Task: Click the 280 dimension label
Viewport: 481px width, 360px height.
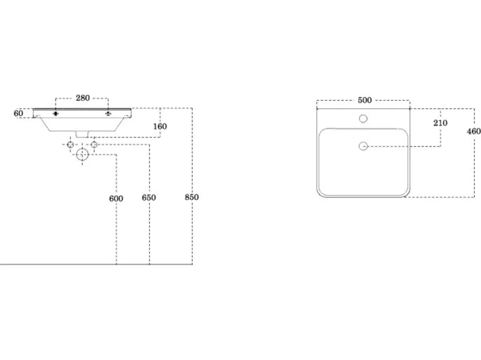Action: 83,98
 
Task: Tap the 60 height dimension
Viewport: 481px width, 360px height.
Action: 18,113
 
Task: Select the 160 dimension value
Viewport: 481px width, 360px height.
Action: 160,126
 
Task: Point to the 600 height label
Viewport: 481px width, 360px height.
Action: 116,199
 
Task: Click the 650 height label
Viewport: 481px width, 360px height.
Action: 149,198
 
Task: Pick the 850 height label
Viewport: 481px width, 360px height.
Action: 192,197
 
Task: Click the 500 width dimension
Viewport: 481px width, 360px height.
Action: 365,100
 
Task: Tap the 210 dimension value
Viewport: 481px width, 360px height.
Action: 440,123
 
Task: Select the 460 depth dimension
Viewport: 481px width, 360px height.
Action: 474,131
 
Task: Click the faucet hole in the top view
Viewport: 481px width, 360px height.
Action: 363,119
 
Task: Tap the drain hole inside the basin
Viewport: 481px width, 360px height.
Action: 363,146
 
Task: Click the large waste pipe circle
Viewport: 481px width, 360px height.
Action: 82,155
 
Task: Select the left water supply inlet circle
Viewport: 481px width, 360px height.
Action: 70,145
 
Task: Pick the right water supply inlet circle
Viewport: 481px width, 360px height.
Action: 94,145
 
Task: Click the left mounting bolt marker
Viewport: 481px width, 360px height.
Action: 56,114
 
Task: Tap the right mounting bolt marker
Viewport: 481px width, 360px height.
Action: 108,114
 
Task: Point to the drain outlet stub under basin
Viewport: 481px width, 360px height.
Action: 82,134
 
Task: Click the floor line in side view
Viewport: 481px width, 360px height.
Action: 96,264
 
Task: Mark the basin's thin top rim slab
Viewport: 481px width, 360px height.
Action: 82,109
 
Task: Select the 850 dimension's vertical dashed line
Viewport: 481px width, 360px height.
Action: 192,186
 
